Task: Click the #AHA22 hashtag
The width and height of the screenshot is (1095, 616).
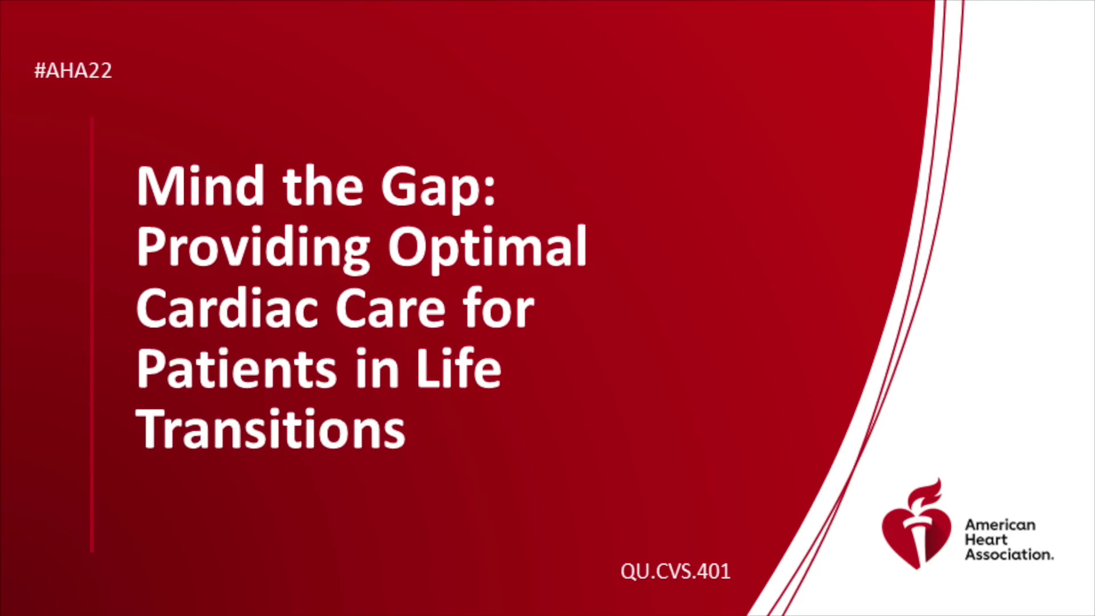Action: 73,71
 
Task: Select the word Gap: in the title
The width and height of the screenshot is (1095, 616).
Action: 439,190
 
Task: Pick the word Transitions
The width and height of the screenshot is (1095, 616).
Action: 271,429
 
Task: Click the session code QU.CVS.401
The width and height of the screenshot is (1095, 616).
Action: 675,572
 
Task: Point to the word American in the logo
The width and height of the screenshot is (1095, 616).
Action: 1000,525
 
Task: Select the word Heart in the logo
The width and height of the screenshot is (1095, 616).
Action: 986,540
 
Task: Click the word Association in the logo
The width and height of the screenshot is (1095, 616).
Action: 1009,554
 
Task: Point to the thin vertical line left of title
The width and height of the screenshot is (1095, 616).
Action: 92,334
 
